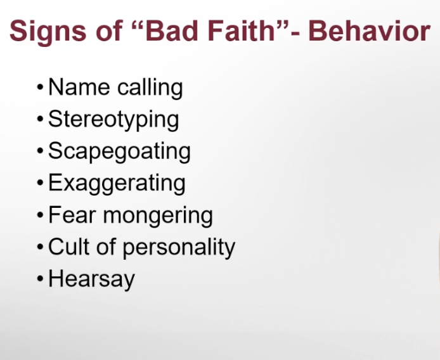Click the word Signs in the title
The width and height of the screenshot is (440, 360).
click(48, 32)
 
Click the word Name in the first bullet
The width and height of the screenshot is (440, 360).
click(79, 87)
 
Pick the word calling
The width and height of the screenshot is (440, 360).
click(150, 88)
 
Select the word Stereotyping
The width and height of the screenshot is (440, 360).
click(113, 120)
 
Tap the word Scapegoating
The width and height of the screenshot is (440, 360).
click(119, 152)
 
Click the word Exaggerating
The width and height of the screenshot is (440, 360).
click(117, 184)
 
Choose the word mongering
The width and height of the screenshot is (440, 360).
click(158, 216)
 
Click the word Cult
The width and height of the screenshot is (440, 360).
click(68, 247)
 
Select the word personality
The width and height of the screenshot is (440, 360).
click(179, 248)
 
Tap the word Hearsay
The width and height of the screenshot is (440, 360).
click(91, 280)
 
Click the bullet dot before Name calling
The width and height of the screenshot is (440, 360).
click(40, 87)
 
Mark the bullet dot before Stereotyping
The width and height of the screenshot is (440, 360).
click(40, 119)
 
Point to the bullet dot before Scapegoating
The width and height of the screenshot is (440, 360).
click(40, 151)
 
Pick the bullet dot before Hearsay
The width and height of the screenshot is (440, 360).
click(40, 279)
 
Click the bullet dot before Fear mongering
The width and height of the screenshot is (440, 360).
click(40, 215)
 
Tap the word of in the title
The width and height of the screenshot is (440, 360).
click(108, 30)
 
